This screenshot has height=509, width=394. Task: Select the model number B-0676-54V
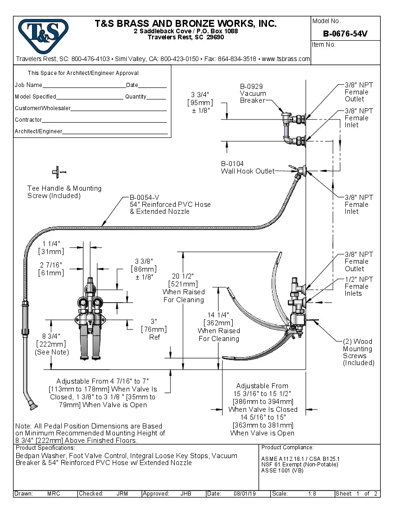[345, 34]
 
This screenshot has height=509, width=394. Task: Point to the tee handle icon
[57, 172]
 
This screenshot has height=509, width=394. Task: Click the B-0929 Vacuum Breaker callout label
[253, 93]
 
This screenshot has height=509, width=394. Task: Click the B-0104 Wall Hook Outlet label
[248, 168]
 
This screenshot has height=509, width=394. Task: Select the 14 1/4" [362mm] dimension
[219, 327]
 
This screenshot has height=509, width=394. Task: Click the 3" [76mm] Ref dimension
[154, 329]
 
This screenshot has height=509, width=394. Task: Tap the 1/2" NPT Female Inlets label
[359, 286]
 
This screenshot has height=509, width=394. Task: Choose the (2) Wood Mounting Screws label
[358, 352]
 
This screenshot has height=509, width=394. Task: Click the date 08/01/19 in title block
[246, 494]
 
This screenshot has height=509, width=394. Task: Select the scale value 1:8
[312, 494]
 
